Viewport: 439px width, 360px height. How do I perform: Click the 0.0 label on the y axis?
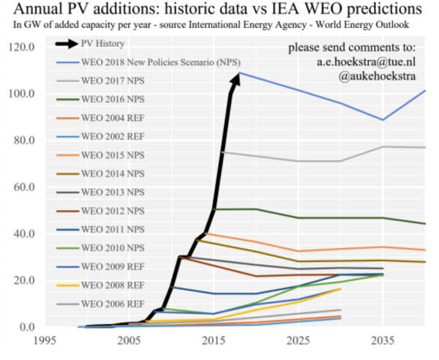tap(26, 327)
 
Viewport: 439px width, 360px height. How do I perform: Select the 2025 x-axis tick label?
tap(298, 342)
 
